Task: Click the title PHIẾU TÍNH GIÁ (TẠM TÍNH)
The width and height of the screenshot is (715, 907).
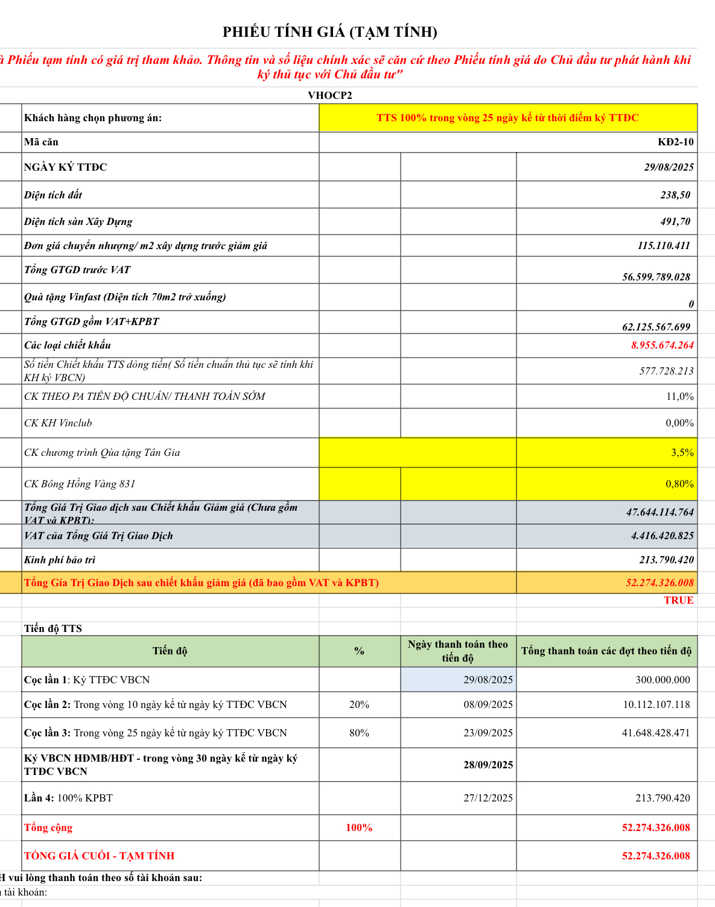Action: tap(329, 32)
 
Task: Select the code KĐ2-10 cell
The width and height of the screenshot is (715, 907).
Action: tap(675, 142)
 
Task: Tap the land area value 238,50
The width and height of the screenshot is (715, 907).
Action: tap(675, 195)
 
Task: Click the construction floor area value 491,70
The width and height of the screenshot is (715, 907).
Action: tap(675, 221)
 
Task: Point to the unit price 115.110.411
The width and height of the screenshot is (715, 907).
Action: tap(664, 245)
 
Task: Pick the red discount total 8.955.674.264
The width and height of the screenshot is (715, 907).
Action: tap(662, 345)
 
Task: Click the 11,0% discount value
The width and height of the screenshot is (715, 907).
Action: tap(679, 396)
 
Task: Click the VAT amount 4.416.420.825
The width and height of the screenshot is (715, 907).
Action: tap(662, 536)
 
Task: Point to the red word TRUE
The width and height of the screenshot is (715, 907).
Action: tap(678, 600)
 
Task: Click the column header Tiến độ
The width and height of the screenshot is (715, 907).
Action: tap(170, 651)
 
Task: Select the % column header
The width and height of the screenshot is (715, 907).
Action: tap(359, 651)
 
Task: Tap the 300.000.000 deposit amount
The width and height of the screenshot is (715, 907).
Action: tap(663, 680)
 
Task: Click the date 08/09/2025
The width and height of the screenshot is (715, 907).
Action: tap(488, 704)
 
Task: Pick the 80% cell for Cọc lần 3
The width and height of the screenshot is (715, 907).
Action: tap(359, 733)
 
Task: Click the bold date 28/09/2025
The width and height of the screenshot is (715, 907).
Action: tap(488, 765)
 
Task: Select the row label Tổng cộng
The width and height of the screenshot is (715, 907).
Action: tap(48, 827)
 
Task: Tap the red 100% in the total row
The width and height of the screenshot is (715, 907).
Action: tap(359, 827)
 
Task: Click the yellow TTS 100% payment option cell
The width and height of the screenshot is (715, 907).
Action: tap(507, 118)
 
